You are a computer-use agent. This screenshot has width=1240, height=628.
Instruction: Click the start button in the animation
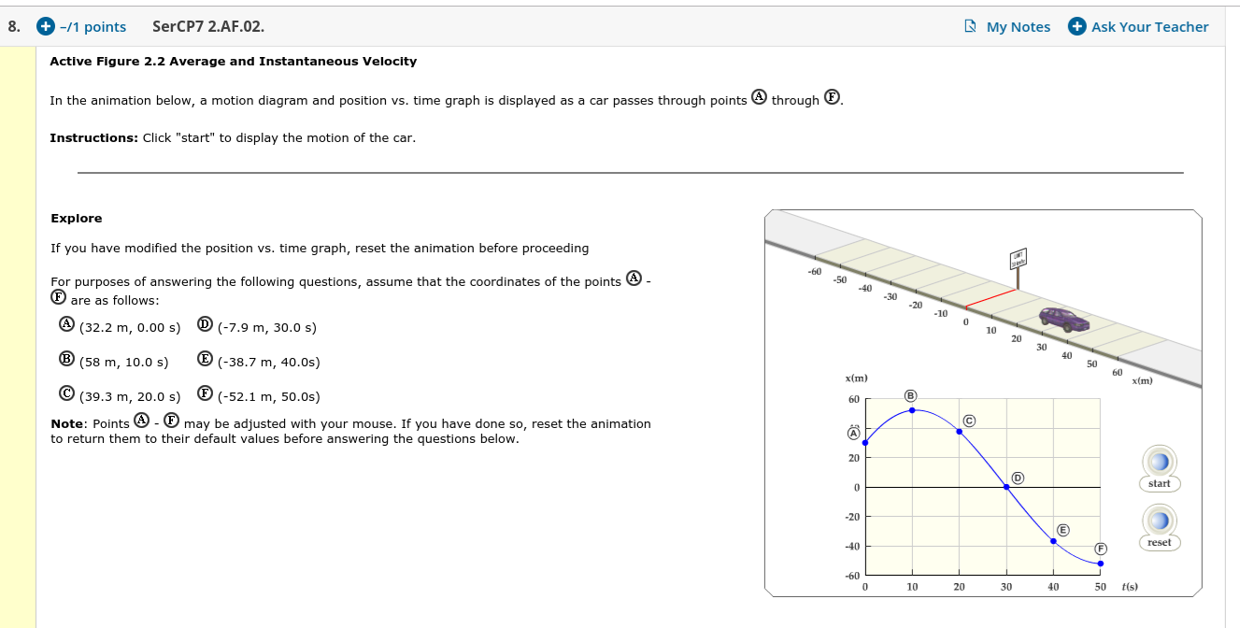1159,463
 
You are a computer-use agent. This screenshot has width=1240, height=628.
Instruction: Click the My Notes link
1008,27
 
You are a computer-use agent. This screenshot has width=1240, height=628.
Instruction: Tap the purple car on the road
1064,320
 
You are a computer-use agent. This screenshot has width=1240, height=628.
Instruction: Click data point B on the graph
912,410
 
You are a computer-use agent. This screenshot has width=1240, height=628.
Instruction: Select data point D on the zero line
1006,487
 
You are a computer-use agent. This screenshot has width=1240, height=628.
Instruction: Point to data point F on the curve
1101,564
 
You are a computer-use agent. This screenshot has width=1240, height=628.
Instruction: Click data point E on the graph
1053,541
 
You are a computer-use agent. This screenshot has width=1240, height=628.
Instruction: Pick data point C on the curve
959,432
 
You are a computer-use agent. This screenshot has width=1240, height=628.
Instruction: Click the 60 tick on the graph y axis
853,400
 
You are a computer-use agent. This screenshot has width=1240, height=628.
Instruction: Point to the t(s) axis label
1129,587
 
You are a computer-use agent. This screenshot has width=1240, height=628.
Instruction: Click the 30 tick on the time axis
1006,587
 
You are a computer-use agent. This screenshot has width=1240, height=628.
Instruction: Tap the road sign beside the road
1018,261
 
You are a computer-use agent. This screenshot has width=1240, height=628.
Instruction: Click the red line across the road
990,298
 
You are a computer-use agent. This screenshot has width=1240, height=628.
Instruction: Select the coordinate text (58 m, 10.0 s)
124,362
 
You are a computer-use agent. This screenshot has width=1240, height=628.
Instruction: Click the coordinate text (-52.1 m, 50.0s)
268,396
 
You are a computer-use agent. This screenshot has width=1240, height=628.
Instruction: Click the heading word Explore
77,219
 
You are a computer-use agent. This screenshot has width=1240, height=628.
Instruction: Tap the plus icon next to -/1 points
44,27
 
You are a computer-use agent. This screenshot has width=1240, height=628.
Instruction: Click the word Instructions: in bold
93,138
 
